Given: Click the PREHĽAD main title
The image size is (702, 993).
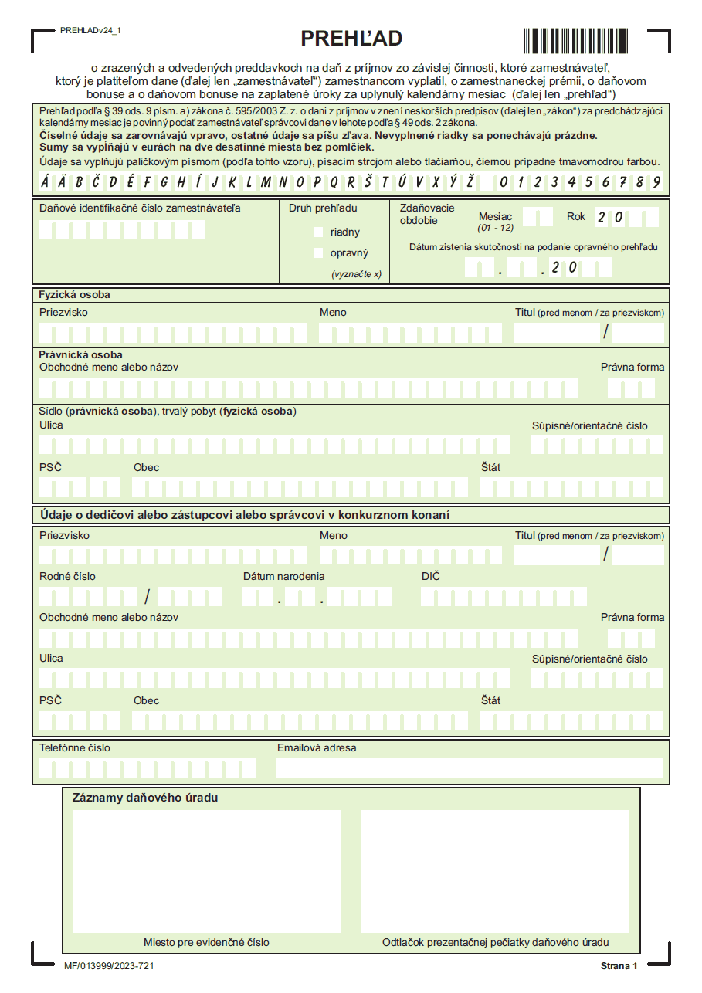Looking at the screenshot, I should tap(351, 39).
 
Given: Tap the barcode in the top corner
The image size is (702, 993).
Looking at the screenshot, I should tap(583, 40).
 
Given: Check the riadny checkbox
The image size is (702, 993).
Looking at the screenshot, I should tap(318, 232).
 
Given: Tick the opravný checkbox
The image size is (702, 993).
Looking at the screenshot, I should tap(318, 252).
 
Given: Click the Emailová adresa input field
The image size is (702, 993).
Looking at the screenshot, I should tap(470, 768).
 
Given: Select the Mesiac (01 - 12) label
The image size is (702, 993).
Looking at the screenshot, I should tap(495, 222).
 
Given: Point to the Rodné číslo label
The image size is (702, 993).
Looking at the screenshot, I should tap(68, 576).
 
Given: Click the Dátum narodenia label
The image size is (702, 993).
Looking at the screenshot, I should tap(283, 576).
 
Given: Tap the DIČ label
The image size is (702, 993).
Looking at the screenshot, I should tap(431, 576).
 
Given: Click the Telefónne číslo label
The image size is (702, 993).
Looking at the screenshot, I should tap(75, 747).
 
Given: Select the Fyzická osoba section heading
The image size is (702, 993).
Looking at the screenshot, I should tap(74, 295).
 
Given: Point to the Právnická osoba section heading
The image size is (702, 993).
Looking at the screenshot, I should tap(80, 354).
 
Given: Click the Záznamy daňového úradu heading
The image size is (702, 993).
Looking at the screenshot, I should tap(144, 798).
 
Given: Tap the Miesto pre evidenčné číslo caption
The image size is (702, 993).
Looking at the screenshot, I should tap(206, 942).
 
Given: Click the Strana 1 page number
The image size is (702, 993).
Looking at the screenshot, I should tap(619, 966).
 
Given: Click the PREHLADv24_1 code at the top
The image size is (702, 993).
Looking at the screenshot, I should tap(90, 30).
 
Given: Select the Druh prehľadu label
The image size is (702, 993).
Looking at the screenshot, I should tap(323, 208).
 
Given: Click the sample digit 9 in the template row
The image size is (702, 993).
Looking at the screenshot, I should tap(656, 183).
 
